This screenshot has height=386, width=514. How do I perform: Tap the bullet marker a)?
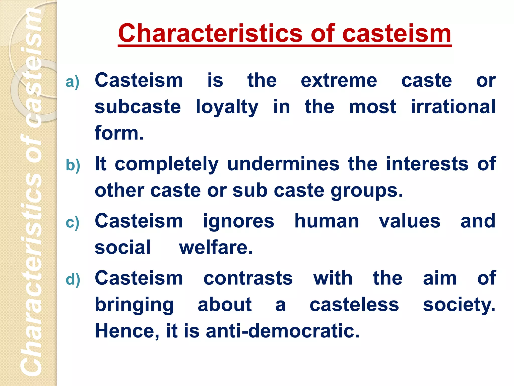pos(73,82)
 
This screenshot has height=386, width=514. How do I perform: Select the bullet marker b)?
pos(73,165)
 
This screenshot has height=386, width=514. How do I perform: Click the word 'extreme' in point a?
pos(339,81)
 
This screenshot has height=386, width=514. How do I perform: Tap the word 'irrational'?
pos(453,107)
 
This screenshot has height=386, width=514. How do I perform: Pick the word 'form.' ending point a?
pos(119,133)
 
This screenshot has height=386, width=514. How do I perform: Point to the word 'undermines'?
pos(283,164)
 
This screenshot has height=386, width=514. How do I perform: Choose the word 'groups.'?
pos(367,191)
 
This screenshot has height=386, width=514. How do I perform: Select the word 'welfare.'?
pos(216,248)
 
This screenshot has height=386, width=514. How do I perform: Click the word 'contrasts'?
pos(248,278)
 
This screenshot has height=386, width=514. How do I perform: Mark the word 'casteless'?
pos(354,305)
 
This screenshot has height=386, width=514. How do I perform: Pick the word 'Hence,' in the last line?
pos(127,331)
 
